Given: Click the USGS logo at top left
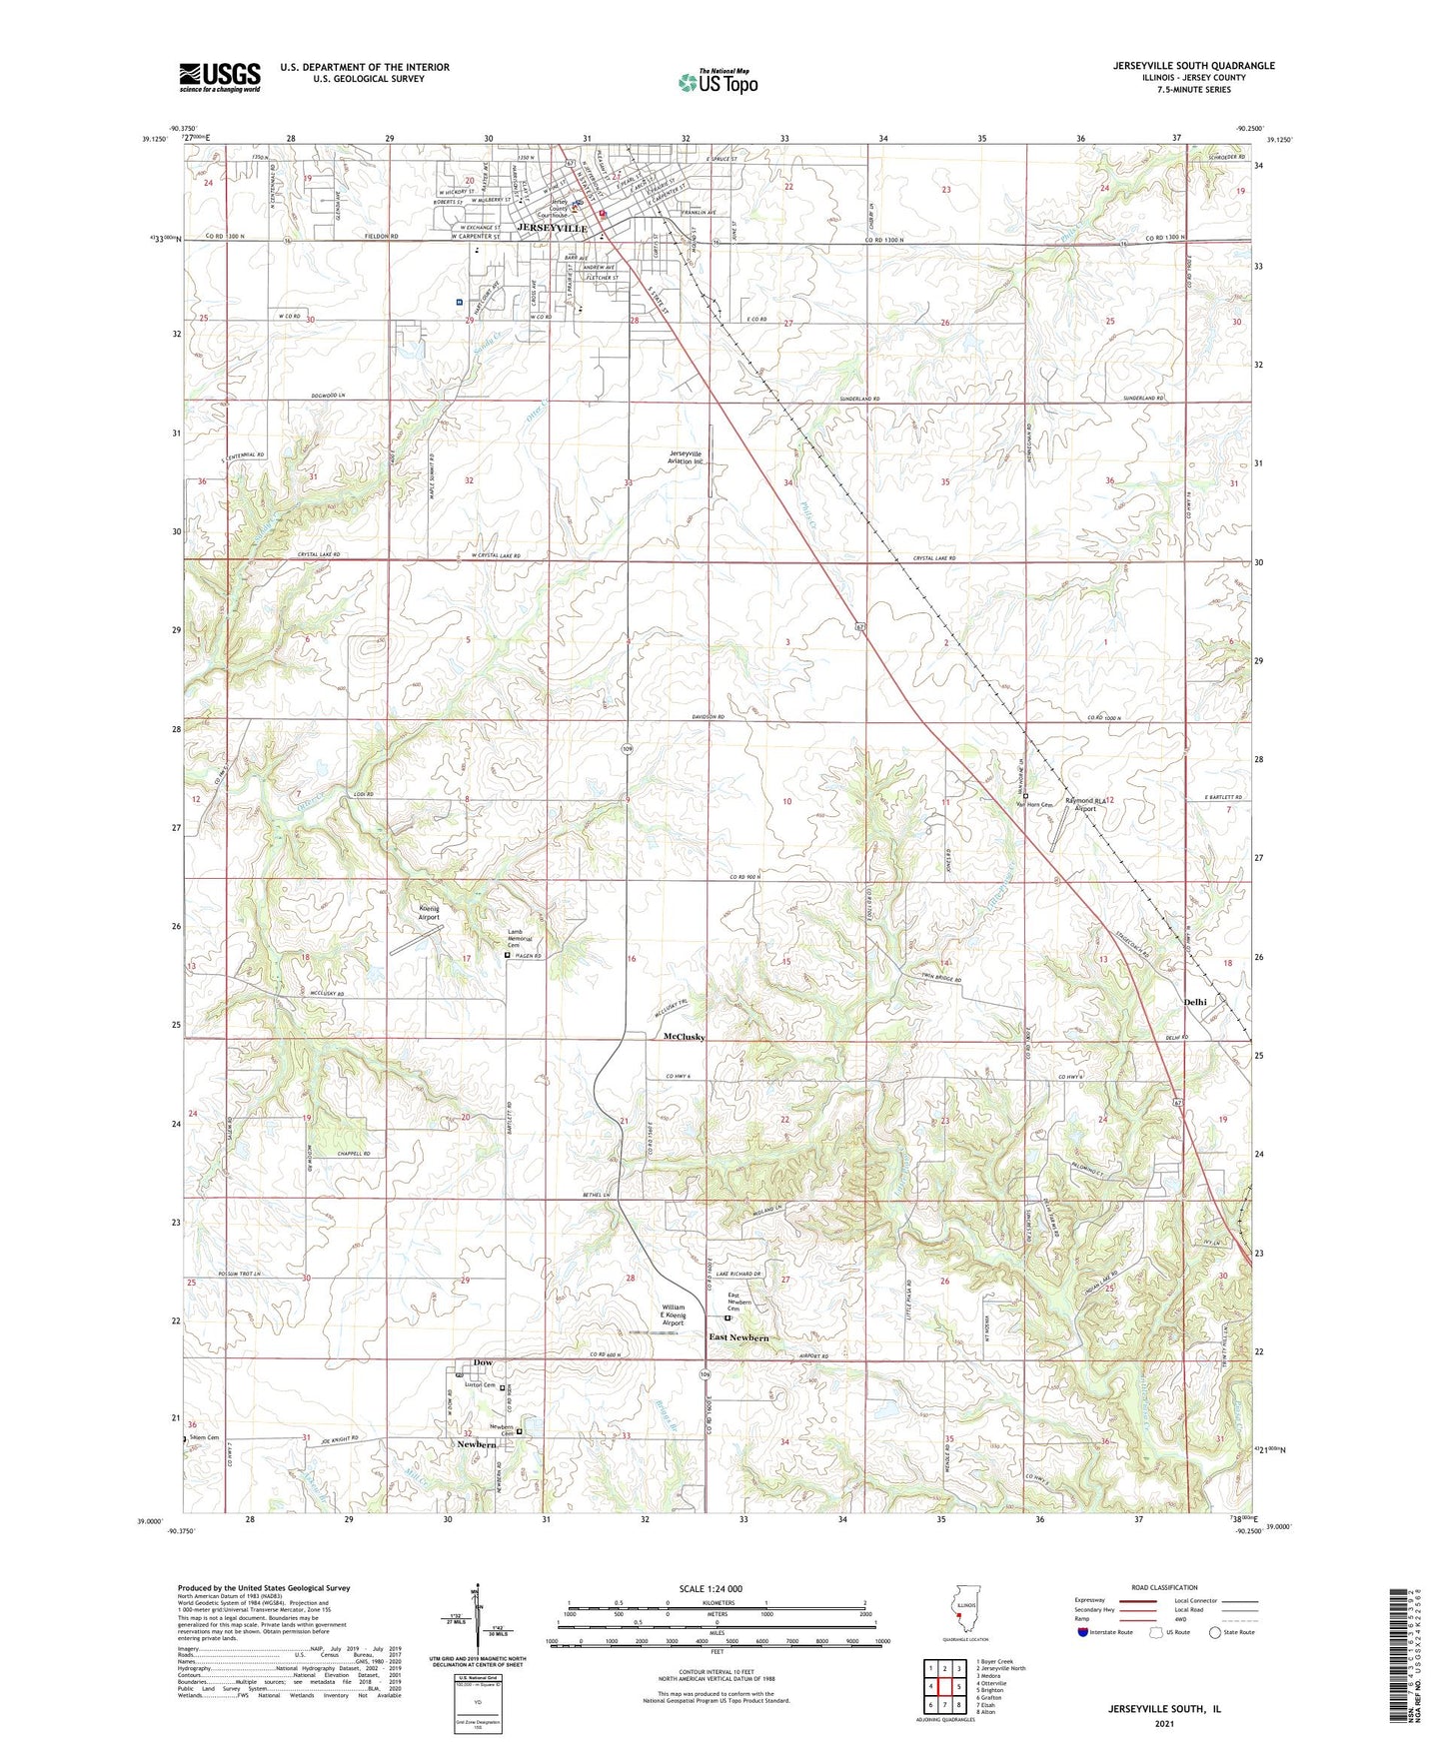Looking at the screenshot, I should [220, 76].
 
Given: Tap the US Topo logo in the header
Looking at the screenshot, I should [718, 81].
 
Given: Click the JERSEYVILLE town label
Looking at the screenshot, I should [552, 229].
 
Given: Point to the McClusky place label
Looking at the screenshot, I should [685, 1037].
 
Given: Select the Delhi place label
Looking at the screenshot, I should [1195, 1002].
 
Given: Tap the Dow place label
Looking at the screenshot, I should [483, 1362].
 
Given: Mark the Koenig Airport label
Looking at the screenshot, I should [428, 912].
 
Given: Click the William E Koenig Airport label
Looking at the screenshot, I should [674, 1314].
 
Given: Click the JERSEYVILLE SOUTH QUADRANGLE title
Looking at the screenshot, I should [1193, 66].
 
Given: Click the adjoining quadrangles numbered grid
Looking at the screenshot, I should [943, 1689].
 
